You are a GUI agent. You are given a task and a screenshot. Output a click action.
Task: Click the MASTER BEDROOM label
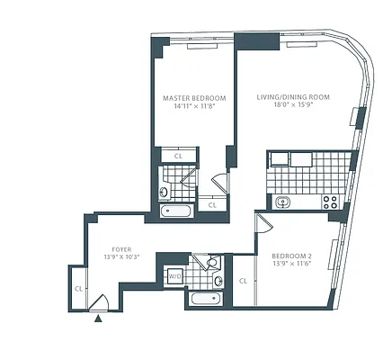click(x=193, y=97)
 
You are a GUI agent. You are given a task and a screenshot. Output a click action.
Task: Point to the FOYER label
click(x=121, y=249)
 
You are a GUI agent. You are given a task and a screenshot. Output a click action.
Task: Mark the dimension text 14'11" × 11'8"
click(x=193, y=106)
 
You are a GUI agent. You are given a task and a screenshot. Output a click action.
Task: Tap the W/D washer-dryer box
click(x=174, y=277)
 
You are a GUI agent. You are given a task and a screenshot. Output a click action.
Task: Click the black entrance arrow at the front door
click(x=98, y=318)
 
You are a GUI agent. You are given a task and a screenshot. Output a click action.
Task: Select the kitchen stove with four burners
click(x=329, y=202)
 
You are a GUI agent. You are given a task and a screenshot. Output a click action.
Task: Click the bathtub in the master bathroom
click(x=175, y=211)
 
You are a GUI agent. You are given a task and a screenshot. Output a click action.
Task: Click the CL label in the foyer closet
click(x=79, y=289)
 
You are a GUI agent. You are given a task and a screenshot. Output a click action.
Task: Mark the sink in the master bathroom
click(x=165, y=190)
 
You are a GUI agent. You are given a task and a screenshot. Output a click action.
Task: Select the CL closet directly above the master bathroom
click(x=178, y=156)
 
